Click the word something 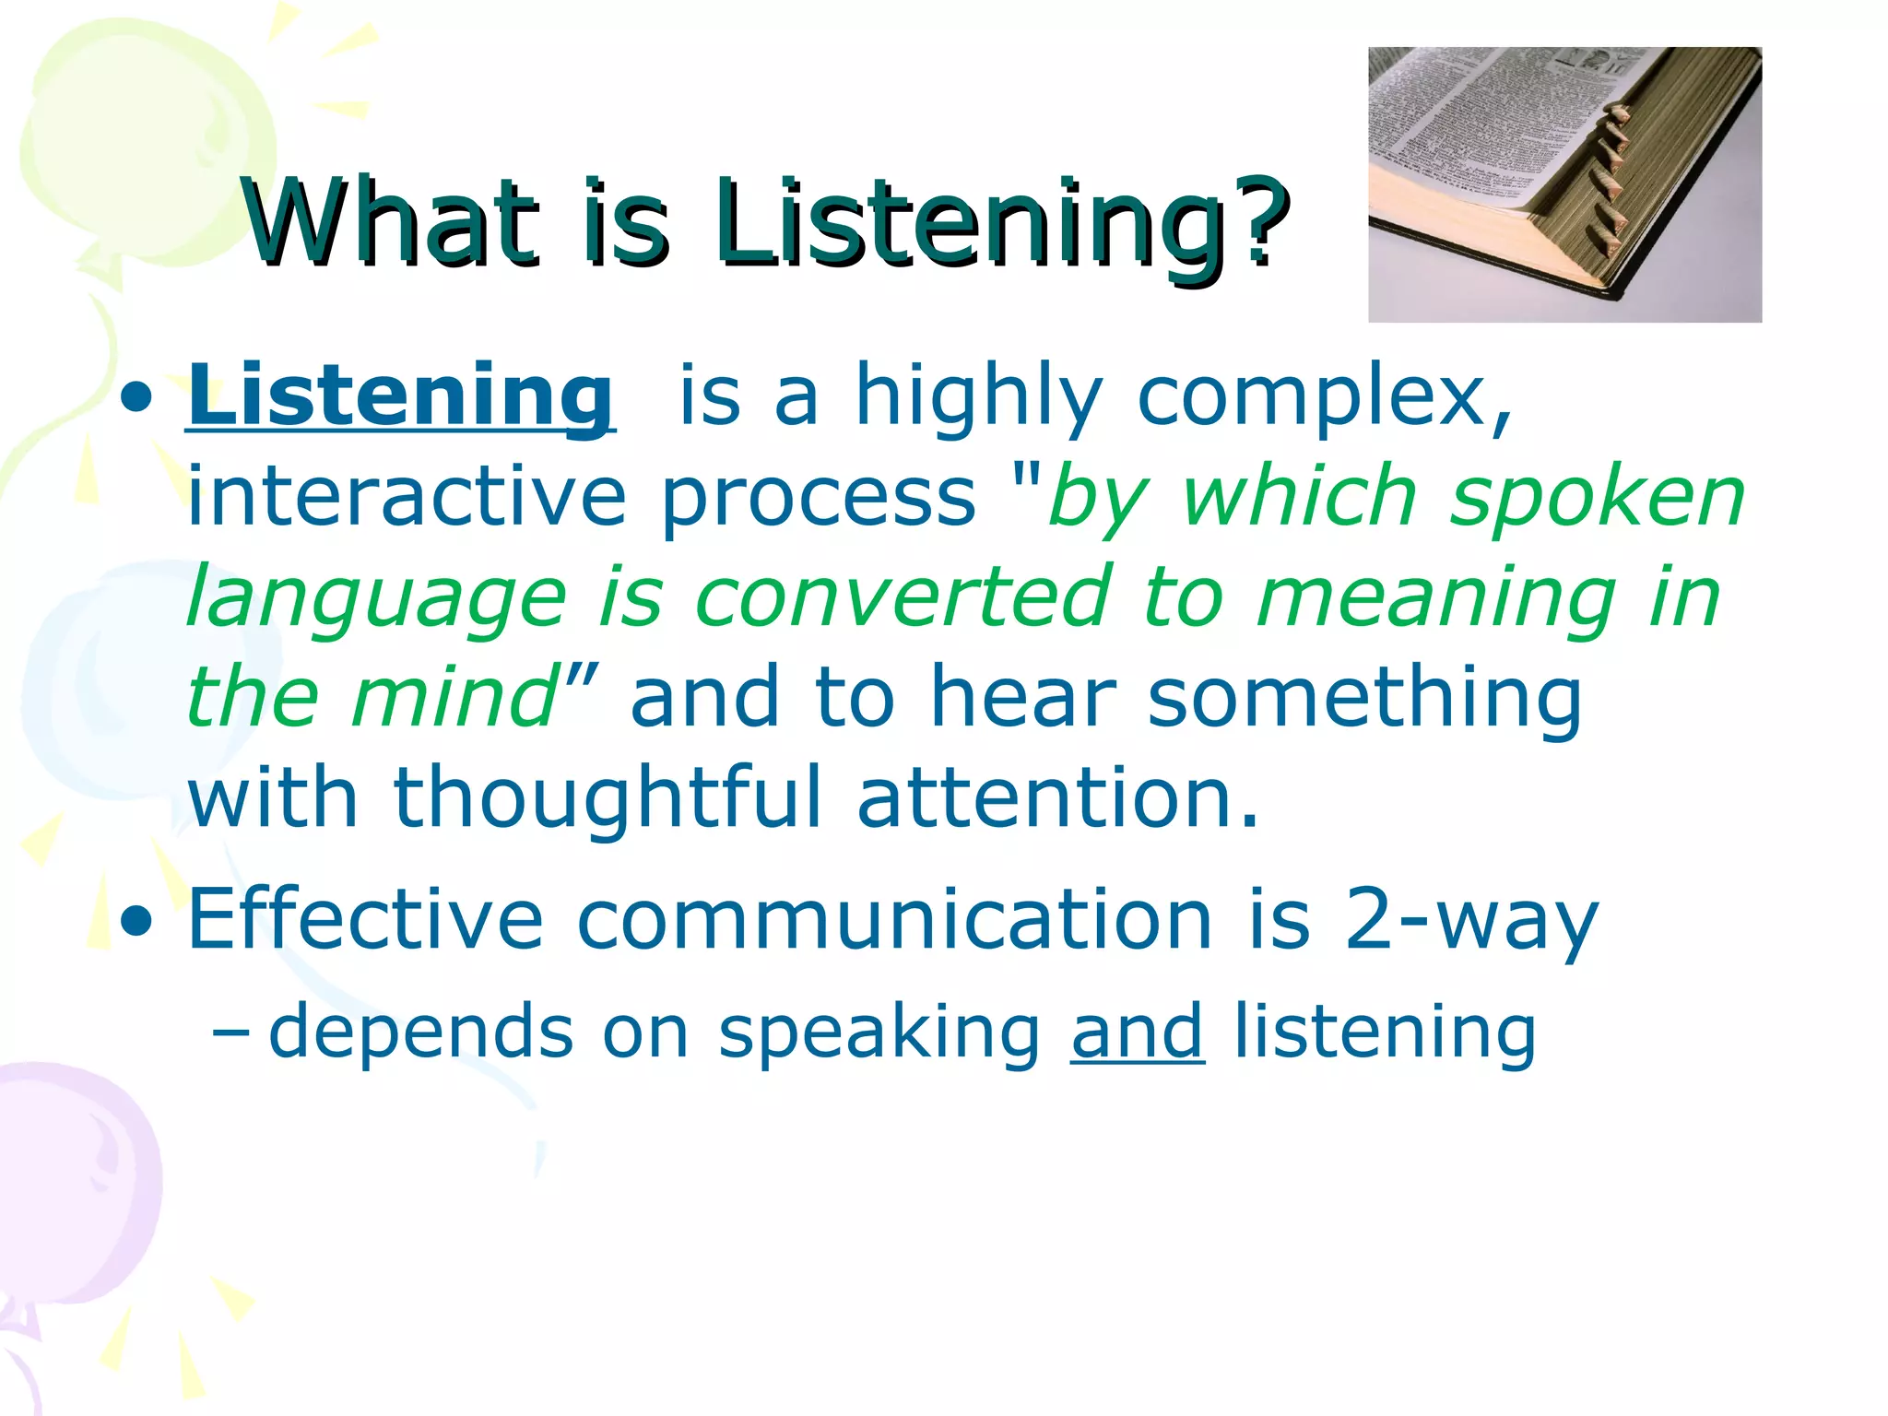pos(1364,698)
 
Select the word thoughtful pos(607,797)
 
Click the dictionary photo pos(1563,184)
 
